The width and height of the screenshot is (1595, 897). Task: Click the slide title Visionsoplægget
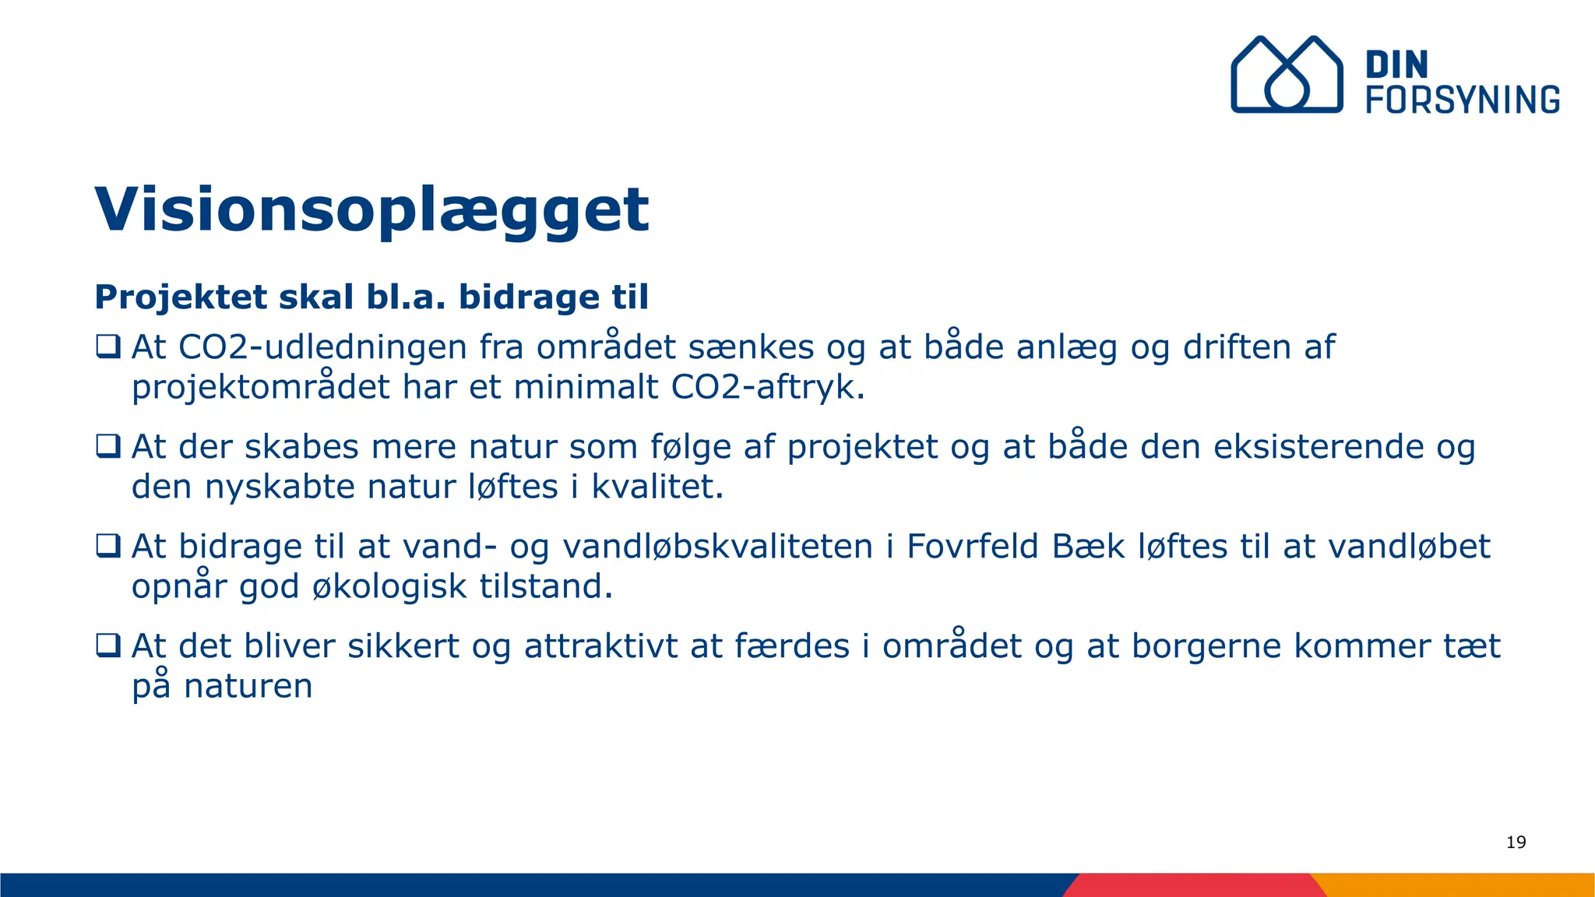click(371, 209)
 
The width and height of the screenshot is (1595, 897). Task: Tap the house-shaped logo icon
click(1286, 75)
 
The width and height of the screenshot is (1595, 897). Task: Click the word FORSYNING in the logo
click(1463, 100)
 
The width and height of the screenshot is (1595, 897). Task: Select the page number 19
click(1516, 842)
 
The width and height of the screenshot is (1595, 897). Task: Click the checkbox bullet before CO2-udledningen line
click(108, 346)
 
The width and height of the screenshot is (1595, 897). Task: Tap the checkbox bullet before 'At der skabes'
click(108, 445)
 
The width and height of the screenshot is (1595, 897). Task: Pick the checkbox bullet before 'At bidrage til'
click(108, 545)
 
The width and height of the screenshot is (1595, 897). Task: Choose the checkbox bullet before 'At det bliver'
click(108, 645)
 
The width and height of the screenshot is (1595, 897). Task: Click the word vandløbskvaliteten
click(717, 547)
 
